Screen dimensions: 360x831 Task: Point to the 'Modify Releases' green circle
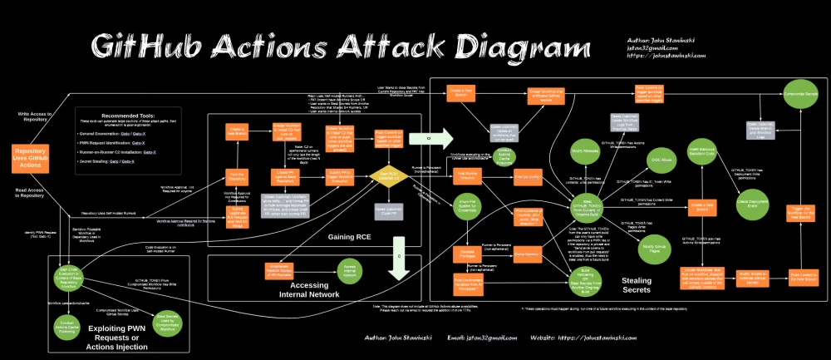586,151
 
